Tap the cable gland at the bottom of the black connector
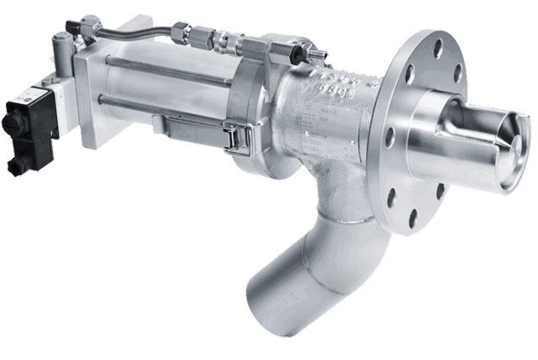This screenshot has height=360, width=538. click(18, 163)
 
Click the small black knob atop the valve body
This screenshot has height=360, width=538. click(295, 50)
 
